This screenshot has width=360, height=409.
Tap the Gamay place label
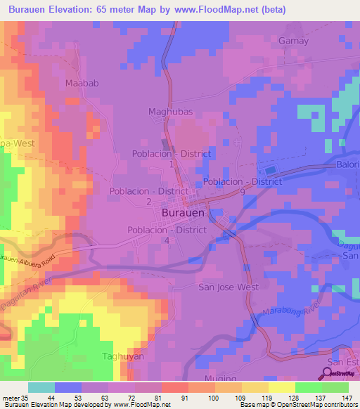click(x=294, y=41)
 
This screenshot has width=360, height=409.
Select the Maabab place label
click(x=79, y=83)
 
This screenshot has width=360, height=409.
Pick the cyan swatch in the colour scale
click(x=41, y=387)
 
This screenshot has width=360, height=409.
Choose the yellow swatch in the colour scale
click(x=281, y=387)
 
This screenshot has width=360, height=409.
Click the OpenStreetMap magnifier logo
click(x=328, y=373)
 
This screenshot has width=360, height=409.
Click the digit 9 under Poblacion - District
click(x=242, y=191)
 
